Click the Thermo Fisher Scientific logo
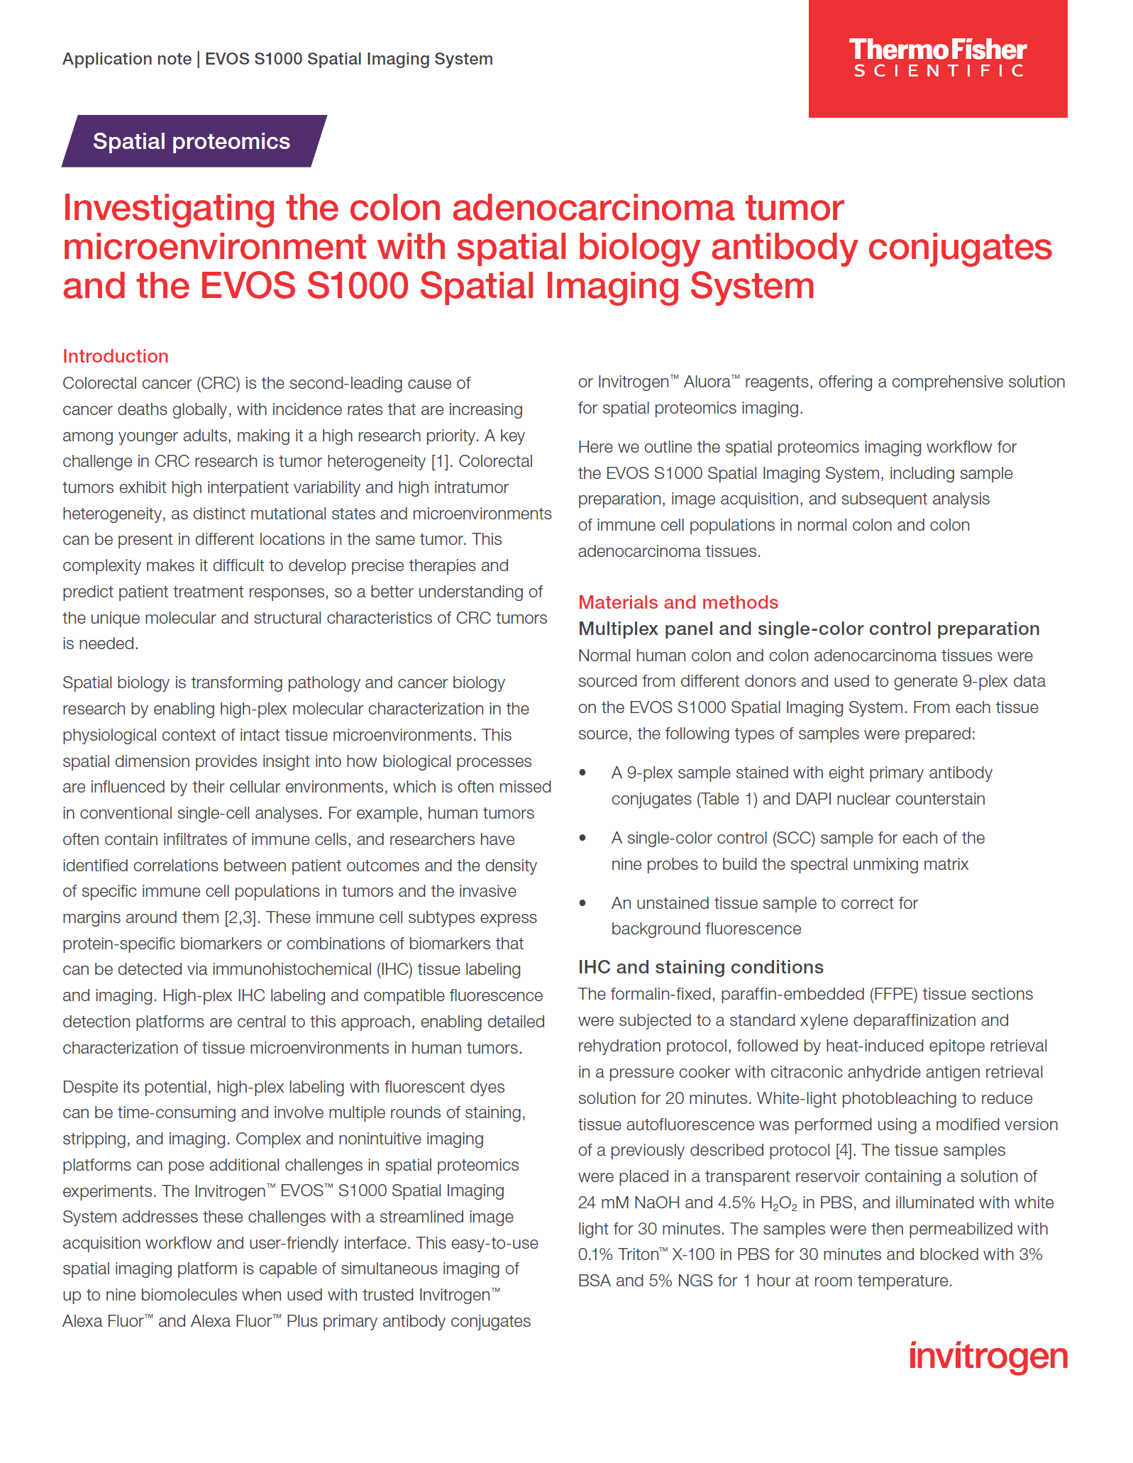[937, 57]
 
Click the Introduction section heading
[116, 356]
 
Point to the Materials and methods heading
[678, 602]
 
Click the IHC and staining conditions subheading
[701, 967]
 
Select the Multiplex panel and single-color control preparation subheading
[809, 629]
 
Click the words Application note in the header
[127, 59]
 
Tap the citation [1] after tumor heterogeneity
[440, 461]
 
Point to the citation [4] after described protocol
[844, 1150]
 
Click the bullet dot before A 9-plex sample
[583, 773]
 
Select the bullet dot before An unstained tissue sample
[583, 903]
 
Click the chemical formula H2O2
[778, 1203]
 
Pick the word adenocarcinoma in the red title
[593, 209]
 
